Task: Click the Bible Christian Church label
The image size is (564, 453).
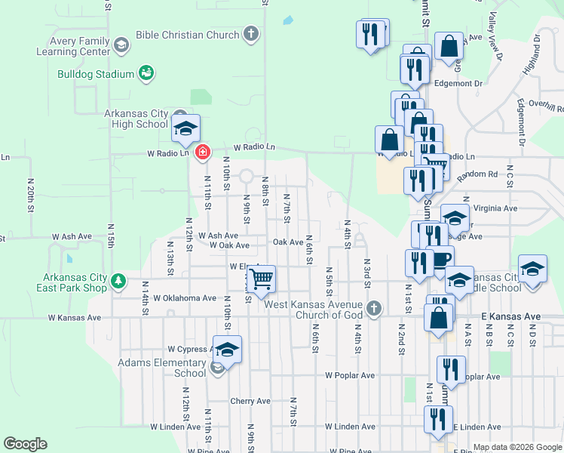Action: point(187,35)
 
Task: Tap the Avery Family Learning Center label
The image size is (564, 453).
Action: point(73,47)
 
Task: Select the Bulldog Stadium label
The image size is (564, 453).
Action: point(101,74)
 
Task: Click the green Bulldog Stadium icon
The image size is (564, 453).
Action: point(146,73)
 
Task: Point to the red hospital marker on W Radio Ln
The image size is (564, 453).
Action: point(202,153)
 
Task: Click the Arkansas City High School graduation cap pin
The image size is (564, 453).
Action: point(186,128)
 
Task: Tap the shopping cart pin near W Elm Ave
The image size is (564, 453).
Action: point(261,279)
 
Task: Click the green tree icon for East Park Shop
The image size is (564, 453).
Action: point(118,282)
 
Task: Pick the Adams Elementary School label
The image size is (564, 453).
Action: point(162,368)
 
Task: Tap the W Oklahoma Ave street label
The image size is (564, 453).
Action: point(185,298)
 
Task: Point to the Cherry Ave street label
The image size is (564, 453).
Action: point(250,402)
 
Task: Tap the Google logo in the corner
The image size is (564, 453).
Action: point(25,444)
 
